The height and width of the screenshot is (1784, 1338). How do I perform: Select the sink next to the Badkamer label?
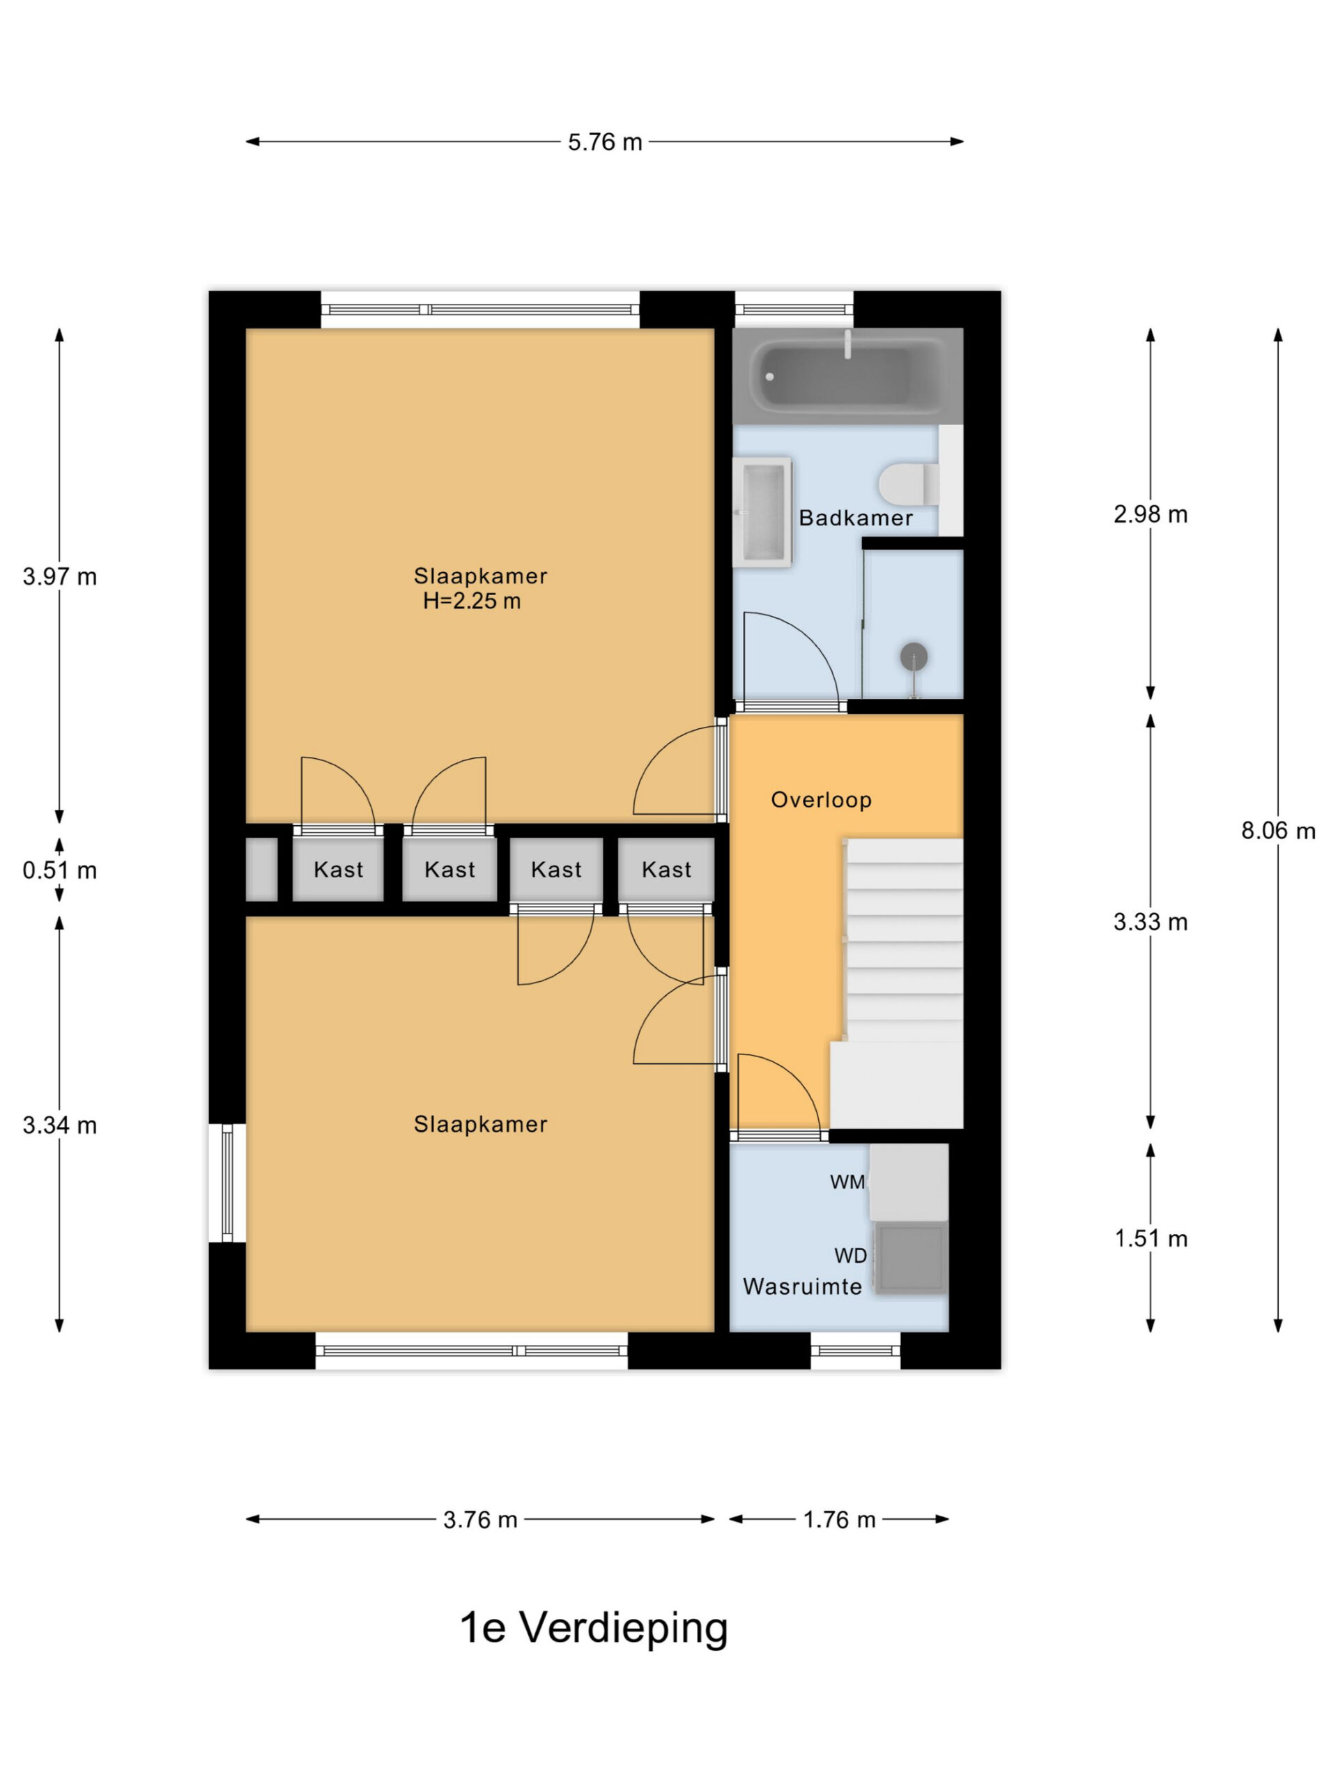(762, 512)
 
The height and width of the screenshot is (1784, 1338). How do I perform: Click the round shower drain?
(913, 656)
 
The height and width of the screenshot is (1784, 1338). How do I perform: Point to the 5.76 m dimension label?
(605, 142)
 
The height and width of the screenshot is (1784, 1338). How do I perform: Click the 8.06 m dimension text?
(1277, 831)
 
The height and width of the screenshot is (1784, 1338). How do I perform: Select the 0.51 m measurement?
(60, 870)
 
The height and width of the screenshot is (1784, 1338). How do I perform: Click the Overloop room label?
(821, 800)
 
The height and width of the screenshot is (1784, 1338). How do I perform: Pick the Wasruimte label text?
(803, 1286)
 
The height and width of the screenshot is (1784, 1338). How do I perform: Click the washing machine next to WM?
(909, 1183)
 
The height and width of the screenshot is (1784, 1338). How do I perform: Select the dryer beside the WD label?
(911, 1257)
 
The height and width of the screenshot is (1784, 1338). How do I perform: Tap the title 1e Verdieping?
(594, 1627)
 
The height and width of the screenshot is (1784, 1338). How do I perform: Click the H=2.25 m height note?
(472, 601)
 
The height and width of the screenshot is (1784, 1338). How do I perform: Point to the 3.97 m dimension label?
(60, 576)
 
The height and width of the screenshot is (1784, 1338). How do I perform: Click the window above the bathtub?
(794, 309)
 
